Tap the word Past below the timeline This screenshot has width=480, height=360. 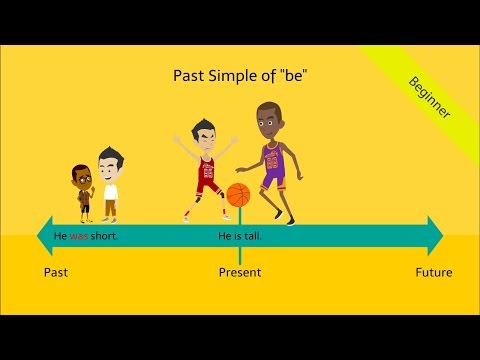point(57,272)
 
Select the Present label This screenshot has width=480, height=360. point(240,272)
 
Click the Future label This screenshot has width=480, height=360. point(434,272)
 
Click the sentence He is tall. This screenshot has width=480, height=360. point(240,237)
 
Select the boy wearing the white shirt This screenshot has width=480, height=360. point(109,185)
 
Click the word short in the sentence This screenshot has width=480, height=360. point(104,237)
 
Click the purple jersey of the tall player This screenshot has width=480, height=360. point(272,163)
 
